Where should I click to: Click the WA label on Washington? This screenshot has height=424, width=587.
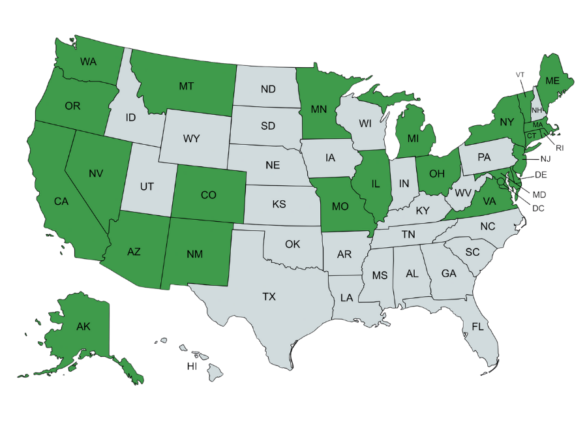point(89,62)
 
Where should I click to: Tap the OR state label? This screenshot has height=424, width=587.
point(72,106)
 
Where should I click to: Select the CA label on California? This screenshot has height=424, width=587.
point(61,202)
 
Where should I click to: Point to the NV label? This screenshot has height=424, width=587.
point(97,174)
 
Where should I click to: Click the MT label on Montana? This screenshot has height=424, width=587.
point(187,85)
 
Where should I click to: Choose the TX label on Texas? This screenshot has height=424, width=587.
point(269,297)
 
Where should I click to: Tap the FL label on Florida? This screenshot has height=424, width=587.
point(478,326)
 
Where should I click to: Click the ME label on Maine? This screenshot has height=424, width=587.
point(552,81)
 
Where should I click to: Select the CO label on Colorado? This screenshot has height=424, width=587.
point(208,194)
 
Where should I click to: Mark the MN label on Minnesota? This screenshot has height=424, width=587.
point(318,110)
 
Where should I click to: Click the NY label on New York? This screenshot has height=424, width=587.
point(507,122)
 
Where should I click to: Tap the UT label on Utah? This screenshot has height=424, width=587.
point(147,187)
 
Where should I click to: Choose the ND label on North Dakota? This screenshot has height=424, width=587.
point(267,89)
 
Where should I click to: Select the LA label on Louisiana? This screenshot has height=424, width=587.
point(346,297)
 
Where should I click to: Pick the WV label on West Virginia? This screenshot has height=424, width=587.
point(463,193)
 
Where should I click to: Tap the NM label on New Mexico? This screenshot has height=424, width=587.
point(194,254)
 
